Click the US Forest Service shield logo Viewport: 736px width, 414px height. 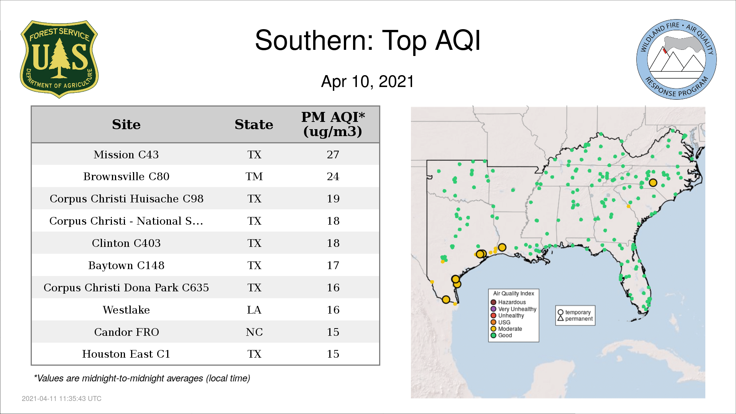pos(59,59)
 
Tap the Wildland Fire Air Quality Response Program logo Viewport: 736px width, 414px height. pos(676,59)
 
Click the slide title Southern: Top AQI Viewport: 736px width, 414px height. pos(368,40)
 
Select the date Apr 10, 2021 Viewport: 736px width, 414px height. pos(368,82)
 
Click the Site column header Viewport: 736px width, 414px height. pos(126,125)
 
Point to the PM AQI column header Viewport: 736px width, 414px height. pos(333,124)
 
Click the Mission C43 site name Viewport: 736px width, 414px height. pos(126,154)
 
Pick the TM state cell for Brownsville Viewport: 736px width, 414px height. pos(254,177)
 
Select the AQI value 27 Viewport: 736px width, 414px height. pos(333,154)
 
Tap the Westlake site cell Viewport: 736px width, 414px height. pos(126,310)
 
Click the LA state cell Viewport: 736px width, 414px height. pos(254,310)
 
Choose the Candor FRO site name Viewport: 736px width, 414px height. pos(126,332)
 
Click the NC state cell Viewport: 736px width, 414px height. pos(254,332)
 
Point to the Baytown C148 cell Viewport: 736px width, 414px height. pos(126,265)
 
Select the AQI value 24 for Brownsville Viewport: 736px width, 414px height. pos(333,177)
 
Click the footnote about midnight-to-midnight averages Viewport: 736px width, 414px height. pos(142,378)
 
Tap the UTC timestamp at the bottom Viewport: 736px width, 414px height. pos(62,399)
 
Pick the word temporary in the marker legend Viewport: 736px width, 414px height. pos(578,312)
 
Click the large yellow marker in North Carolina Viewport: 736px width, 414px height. pos(653,183)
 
